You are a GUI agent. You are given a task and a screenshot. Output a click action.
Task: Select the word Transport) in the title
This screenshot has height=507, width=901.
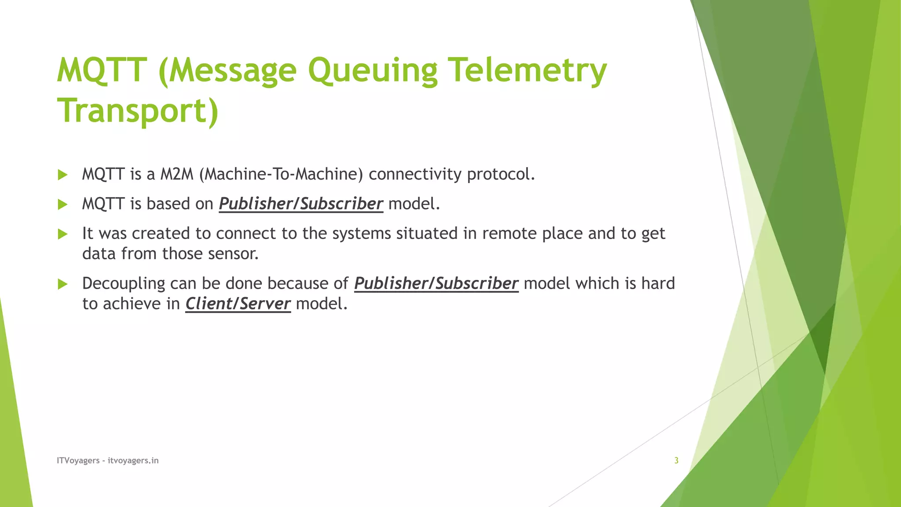pos(138,110)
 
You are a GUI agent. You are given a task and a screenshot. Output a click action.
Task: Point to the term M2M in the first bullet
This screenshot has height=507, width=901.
pos(176,174)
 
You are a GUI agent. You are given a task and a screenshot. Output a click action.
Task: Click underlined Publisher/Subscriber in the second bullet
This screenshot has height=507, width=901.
pos(301,204)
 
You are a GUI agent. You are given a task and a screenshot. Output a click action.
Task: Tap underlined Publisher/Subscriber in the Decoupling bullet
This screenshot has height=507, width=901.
pos(436,283)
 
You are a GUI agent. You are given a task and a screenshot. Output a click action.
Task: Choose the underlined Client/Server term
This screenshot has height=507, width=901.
pos(238,304)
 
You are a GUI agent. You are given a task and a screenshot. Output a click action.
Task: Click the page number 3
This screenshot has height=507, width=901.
pos(676,460)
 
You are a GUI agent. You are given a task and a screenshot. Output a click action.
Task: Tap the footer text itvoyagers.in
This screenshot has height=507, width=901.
pos(133,460)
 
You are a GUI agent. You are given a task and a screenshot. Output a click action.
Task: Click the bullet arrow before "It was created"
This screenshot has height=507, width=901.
pos(63,234)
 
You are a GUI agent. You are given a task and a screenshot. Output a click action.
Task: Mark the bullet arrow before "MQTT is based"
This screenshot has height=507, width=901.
pos(63,204)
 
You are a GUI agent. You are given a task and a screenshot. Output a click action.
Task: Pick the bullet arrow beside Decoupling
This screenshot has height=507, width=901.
pos(63,284)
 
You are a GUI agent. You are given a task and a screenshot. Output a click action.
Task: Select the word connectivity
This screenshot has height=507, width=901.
pos(415,174)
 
